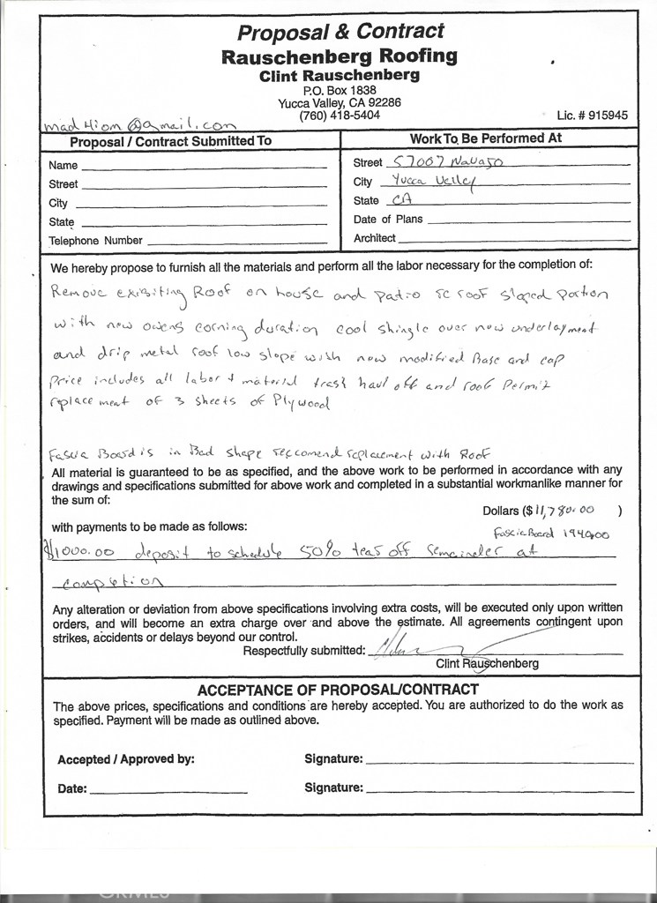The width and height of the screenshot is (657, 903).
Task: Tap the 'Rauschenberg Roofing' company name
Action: pyautogui.click(x=340, y=57)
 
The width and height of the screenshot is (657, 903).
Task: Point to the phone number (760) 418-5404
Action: pyautogui.click(x=340, y=116)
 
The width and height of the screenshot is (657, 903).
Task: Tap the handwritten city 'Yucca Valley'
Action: pyautogui.click(x=432, y=181)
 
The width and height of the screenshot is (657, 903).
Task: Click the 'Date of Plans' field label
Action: pyautogui.click(x=388, y=220)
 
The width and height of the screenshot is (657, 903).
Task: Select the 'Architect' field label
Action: pyautogui.click(x=375, y=238)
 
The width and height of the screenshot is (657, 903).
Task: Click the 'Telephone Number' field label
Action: pyautogui.click(x=95, y=241)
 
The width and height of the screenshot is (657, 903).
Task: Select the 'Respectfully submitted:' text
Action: pyautogui.click(x=303, y=651)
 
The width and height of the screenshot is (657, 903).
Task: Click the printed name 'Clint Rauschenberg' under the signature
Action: pyautogui.click(x=487, y=663)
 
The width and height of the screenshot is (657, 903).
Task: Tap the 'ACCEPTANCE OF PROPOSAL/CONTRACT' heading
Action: pyautogui.click(x=338, y=690)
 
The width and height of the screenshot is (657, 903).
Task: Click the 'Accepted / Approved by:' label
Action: pyautogui.click(x=126, y=759)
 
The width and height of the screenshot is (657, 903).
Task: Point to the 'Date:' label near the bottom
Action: pyautogui.click(x=72, y=789)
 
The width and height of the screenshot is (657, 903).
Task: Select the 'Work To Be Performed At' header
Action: pyautogui.click(x=486, y=139)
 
